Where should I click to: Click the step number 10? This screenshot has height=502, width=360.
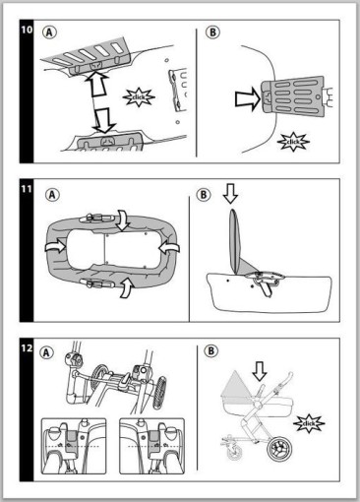click(27, 30)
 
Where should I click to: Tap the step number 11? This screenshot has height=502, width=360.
click(27, 189)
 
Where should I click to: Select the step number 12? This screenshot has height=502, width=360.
click(27, 348)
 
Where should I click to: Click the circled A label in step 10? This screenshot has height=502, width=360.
click(49, 32)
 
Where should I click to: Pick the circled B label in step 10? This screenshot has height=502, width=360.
click(212, 32)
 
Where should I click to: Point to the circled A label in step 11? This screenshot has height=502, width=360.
click(52, 195)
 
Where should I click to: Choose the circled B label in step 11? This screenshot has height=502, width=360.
click(204, 195)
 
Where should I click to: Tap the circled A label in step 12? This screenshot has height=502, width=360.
click(46, 352)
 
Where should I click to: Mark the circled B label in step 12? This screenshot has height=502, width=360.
click(210, 351)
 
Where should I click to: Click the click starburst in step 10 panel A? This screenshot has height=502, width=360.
click(139, 97)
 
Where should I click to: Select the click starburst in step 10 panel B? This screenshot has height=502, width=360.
click(293, 142)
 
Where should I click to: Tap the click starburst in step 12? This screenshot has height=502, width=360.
click(309, 423)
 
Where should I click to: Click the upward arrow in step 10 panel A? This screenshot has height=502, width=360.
click(97, 84)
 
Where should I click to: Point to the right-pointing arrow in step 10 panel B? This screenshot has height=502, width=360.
click(247, 98)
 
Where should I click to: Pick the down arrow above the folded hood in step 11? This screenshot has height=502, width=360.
click(230, 193)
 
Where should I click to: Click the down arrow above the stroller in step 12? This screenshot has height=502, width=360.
click(260, 371)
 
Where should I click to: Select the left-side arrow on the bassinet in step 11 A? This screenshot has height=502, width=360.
click(55, 247)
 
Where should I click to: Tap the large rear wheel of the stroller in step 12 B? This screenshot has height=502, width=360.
click(279, 448)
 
